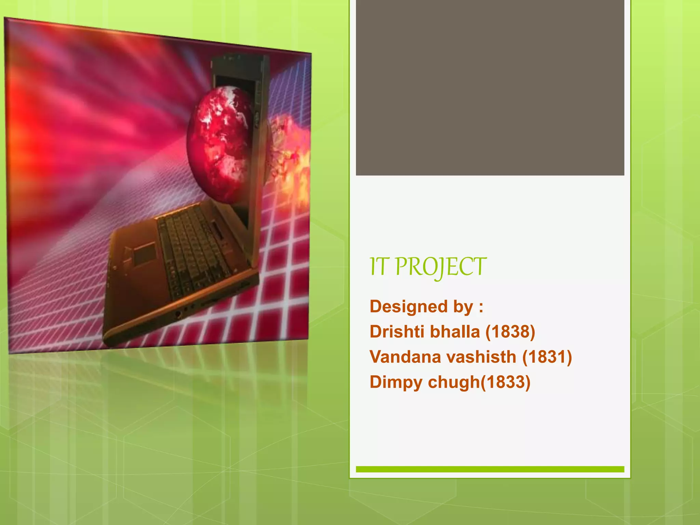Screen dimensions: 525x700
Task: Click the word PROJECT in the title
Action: pos(441,267)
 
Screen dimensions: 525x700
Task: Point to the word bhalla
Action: pos(454,332)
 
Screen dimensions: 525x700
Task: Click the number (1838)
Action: pos(510,332)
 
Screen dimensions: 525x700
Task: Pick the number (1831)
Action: pos(547,357)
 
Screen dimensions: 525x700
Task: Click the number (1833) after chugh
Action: pos(506,382)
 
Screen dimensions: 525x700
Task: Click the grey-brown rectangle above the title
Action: pos(490,87)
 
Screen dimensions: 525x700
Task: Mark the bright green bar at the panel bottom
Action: pos(490,469)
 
